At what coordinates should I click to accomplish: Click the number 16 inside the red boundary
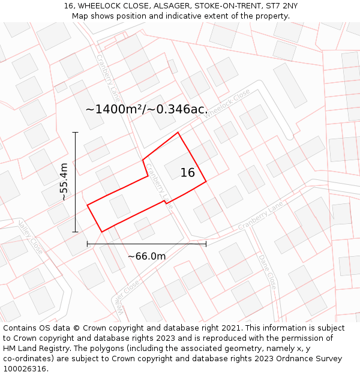point(188,173)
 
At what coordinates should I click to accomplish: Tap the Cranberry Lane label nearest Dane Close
point(260,216)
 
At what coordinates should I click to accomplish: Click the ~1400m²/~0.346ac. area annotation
point(146,109)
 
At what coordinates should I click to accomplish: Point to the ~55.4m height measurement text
point(64,182)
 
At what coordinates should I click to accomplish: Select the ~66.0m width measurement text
point(146,256)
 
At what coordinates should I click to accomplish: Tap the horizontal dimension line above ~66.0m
point(146,244)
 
